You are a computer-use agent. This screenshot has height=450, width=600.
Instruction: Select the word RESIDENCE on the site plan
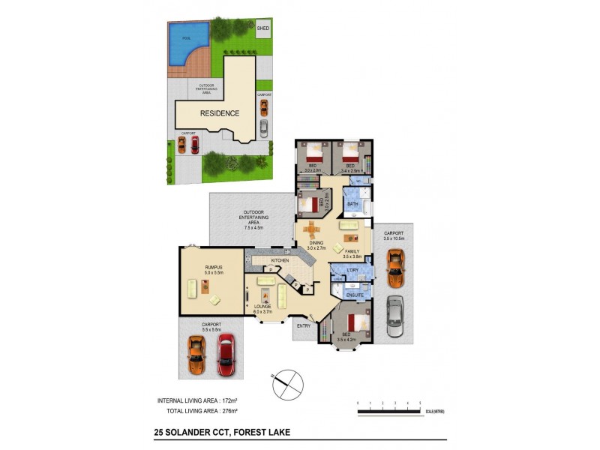219,114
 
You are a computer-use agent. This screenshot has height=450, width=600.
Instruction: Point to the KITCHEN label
279,260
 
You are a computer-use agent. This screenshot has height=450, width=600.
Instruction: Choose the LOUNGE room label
262,307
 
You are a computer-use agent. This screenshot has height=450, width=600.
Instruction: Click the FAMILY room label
352,251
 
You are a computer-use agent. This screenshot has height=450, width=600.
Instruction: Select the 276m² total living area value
241,412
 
